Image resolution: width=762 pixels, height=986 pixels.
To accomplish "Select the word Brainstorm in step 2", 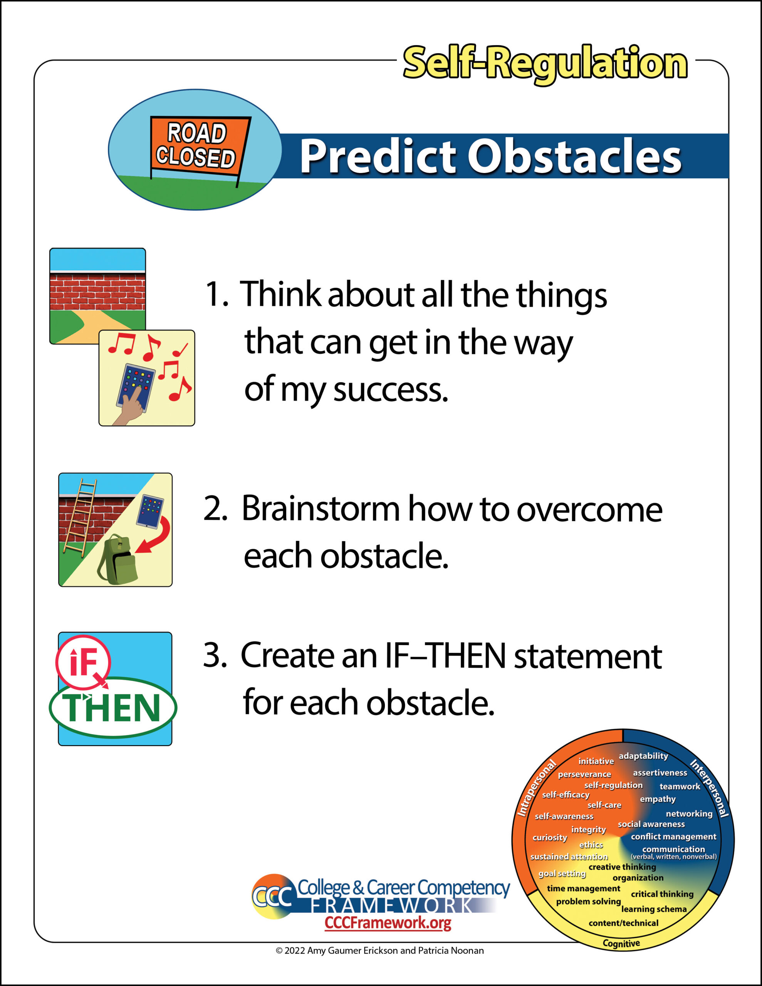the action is click(x=321, y=509).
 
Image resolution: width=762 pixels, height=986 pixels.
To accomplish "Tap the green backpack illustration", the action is click(x=117, y=559).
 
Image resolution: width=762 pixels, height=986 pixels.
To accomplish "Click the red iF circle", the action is click(x=83, y=662).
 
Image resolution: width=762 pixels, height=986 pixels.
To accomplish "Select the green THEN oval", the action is click(x=113, y=708).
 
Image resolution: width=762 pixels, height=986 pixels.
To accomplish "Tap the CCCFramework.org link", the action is click(x=388, y=923).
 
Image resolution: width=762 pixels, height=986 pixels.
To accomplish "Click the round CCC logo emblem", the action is click(x=272, y=897).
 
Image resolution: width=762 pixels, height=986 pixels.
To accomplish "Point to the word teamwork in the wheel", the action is click(x=680, y=786).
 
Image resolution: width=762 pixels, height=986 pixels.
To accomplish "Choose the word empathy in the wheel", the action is click(x=658, y=799).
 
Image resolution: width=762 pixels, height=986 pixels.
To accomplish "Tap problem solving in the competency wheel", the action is click(x=589, y=902).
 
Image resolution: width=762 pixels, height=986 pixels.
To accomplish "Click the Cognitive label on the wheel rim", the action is click(x=621, y=944).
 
